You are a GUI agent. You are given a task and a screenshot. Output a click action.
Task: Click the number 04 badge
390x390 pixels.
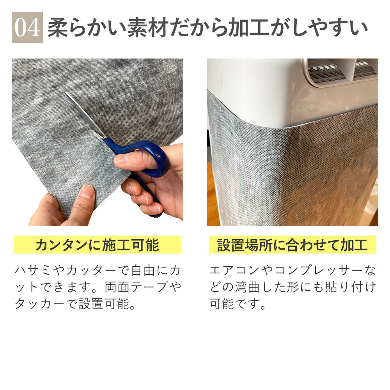pyautogui.click(x=27, y=27)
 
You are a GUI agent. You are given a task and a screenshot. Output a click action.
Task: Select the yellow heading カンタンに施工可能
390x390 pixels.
pyautogui.click(x=97, y=245)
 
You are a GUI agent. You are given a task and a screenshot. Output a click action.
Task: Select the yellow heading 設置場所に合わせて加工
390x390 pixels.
pyautogui.click(x=292, y=245)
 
